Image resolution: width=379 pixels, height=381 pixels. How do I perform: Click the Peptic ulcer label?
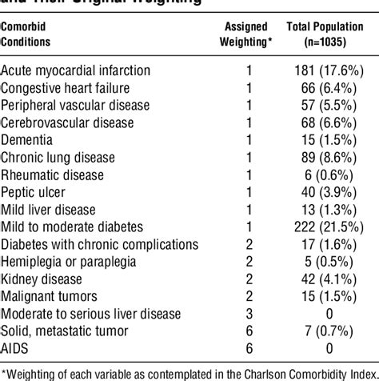pos(34,192)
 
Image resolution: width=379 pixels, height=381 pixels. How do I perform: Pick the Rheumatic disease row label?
pos(53,174)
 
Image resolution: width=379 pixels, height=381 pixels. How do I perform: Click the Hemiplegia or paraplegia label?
pos(68,262)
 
